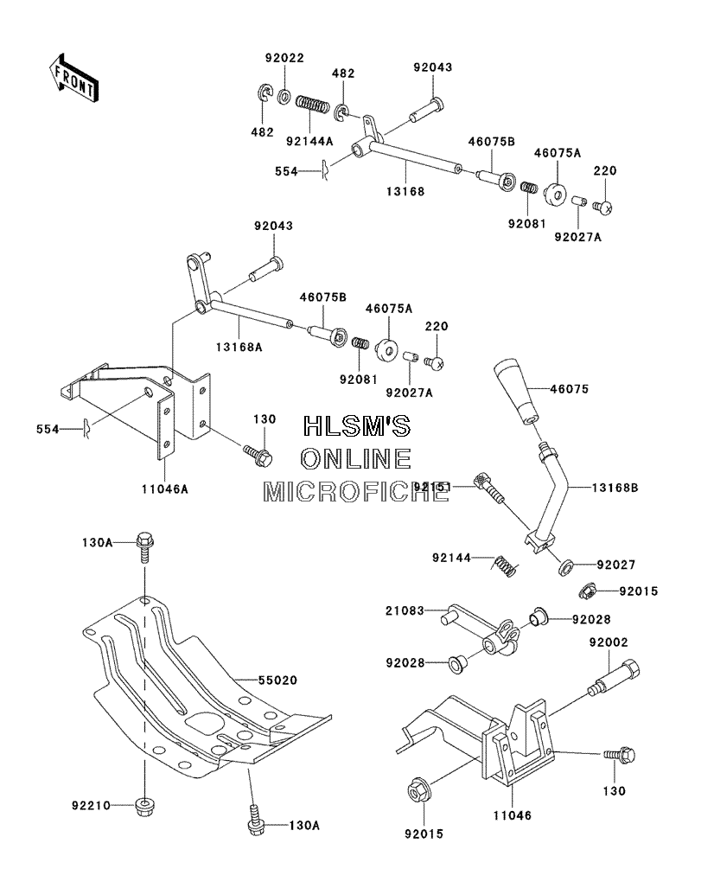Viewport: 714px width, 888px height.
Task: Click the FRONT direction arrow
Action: [x=72, y=79]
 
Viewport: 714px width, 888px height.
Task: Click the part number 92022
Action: [x=284, y=58]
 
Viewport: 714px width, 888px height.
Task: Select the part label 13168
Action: [x=405, y=191]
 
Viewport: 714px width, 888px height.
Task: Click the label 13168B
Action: [x=615, y=487]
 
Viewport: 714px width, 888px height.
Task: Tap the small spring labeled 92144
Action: [x=505, y=565]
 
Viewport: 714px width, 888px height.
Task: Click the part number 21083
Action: [x=405, y=610]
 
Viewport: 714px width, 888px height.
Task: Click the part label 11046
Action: [x=512, y=815]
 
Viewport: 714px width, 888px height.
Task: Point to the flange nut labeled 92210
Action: [x=145, y=805]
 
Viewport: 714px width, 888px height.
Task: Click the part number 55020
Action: [x=277, y=680]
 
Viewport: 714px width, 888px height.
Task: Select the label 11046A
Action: [x=165, y=489]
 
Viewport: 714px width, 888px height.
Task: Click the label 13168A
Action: [x=239, y=347]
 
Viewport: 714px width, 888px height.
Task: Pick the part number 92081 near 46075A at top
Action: [x=526, y=224]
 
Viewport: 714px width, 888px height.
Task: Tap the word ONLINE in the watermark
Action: [x=356, y=459]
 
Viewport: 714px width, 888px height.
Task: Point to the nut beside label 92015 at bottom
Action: [x=419, y=792]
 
